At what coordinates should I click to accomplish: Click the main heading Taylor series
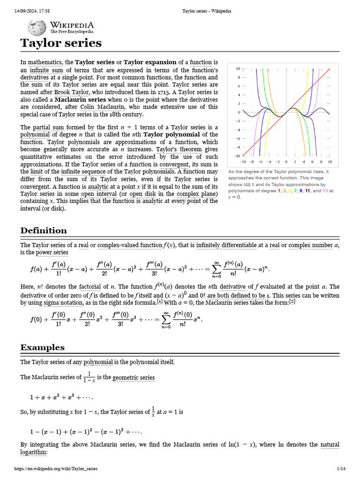click(x=60, y=43)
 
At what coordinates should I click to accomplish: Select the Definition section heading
click(x=44, y=230)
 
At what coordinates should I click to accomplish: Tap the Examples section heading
click(x=42, y=347)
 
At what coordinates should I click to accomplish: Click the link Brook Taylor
click(x=72, y=92)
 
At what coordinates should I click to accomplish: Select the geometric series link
click(x=134, y=377)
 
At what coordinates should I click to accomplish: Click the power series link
click(x=52, y=252)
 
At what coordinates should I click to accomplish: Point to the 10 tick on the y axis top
click(x=238, y=69)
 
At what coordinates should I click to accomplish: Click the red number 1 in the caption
click(x=279, y=191)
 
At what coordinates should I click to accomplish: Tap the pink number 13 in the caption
click(x=325, y=191)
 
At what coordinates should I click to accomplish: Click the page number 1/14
click(x=341, y=469)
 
